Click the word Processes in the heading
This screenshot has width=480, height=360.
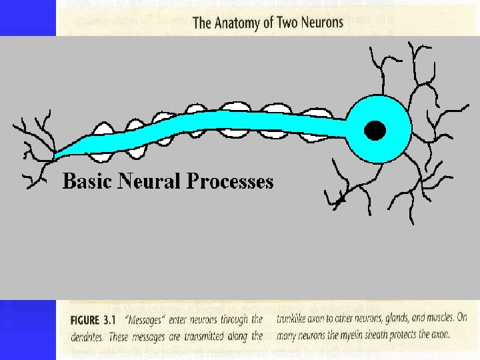point(230,181)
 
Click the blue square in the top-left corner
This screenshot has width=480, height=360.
point(27,17)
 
